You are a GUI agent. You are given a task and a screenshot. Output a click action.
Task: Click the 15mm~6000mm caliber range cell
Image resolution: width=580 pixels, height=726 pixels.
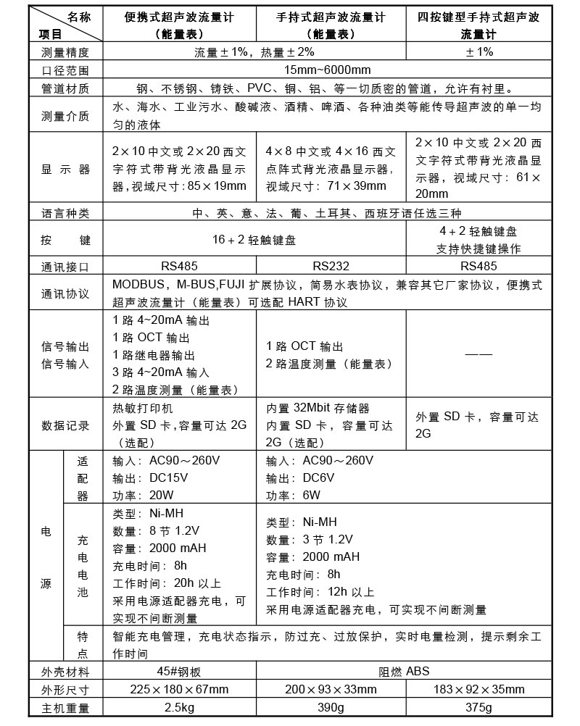(328, 70)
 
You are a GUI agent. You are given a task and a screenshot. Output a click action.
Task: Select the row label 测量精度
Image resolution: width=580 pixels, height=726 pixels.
(65, 52)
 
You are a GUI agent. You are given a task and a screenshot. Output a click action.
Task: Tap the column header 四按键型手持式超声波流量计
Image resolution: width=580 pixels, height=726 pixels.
(478, 25)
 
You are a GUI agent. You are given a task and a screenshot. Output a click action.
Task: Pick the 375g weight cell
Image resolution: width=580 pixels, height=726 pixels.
(478, 708)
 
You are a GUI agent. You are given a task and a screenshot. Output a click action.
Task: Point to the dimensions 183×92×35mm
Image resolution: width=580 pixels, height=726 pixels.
(478, 689)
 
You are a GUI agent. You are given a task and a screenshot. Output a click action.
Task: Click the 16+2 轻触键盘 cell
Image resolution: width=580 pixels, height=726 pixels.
(254, 239)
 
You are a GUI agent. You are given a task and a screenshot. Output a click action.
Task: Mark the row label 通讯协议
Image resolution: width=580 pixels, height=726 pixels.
(65, 293)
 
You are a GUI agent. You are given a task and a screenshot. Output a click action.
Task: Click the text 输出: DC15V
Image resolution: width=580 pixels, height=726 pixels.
(151, 478)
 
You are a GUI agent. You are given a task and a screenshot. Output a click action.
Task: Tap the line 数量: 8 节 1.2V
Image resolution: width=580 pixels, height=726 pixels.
(157, 530)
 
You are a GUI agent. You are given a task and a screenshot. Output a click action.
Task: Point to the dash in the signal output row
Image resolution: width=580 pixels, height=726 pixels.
(478, 354)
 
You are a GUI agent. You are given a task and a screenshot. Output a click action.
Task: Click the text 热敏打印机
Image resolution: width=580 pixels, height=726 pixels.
(140, 408)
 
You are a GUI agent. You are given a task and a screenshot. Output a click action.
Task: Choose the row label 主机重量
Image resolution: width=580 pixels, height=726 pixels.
(65, 708)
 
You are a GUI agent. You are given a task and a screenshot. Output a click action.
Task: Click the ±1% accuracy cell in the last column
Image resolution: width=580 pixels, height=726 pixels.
(478, 52)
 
